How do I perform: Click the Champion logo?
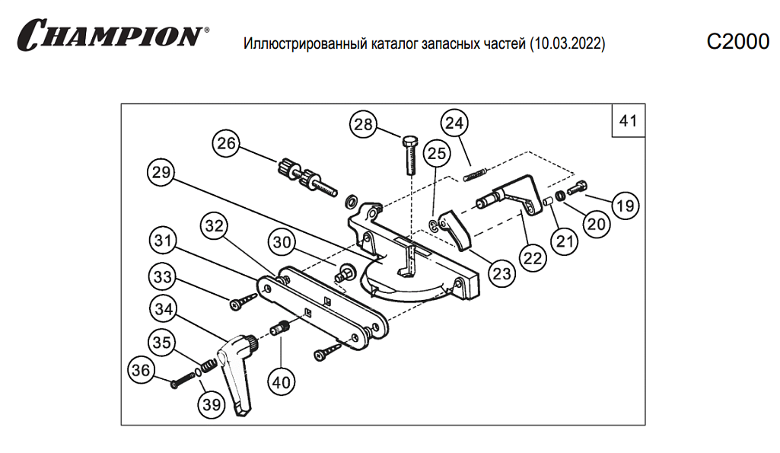113,35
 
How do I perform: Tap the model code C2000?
737,43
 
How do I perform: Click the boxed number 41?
628,121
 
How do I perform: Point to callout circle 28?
365,125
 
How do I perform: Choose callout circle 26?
225,143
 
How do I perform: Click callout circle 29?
161,173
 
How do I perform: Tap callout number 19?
625,205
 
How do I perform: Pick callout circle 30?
282,244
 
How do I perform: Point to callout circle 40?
282,381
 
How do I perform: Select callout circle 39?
212,404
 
